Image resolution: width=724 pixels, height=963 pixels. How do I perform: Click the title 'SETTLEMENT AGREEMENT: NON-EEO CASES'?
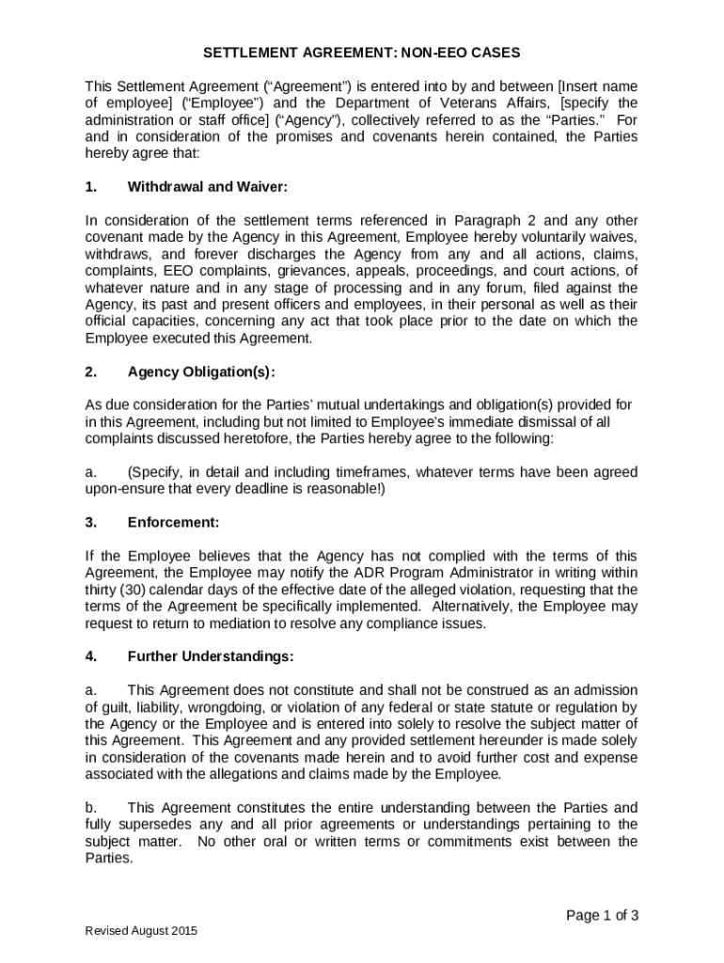(362, 53)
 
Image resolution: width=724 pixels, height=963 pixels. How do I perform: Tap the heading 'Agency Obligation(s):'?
(201, 371)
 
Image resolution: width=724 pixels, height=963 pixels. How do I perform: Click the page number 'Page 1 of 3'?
(602, 915)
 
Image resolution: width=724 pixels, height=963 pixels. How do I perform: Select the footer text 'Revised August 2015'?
(141, 931)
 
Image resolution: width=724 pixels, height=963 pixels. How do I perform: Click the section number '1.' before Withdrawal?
(91, 186)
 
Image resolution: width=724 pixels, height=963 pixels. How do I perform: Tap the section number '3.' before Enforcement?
(91, 522)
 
